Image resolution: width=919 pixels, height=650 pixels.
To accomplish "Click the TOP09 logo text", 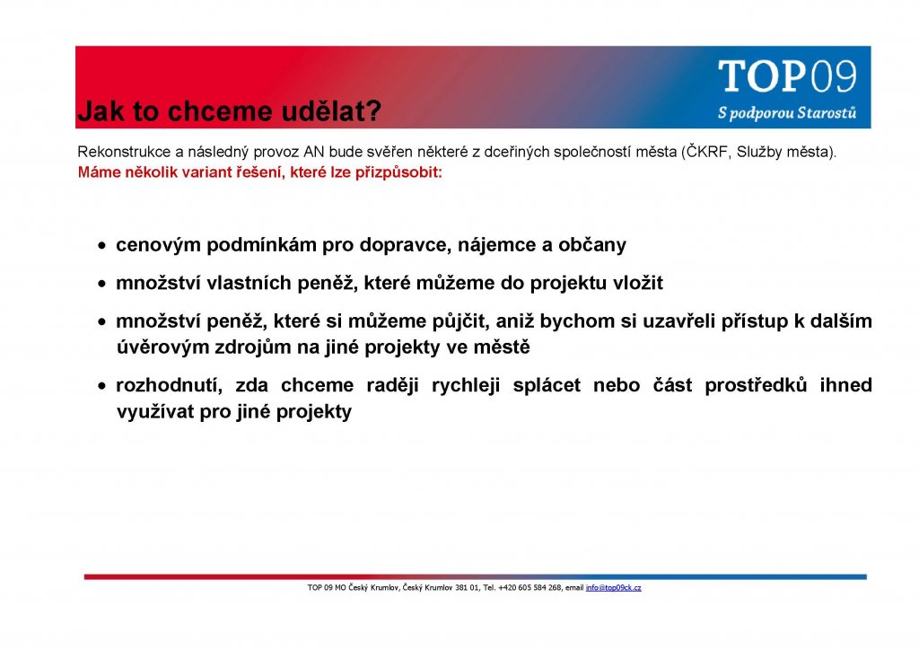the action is tap(787, 76).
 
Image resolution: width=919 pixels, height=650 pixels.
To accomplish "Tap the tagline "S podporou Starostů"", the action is tap(787, 112).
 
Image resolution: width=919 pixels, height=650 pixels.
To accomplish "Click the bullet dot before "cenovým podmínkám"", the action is tap(102, 246).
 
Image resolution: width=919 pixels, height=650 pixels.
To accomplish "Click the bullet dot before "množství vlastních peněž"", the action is tap(102, 285).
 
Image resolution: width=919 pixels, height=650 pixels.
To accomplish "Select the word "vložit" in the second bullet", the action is tap(638, 283).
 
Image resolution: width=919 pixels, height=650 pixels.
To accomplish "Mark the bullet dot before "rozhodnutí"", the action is tap(102, 386).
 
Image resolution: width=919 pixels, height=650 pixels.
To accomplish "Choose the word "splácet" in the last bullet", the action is tap(547, 385).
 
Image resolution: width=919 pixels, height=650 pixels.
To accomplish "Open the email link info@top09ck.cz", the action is tap(613, 587).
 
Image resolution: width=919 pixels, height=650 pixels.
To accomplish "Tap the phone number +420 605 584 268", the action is tap(530, 587).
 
